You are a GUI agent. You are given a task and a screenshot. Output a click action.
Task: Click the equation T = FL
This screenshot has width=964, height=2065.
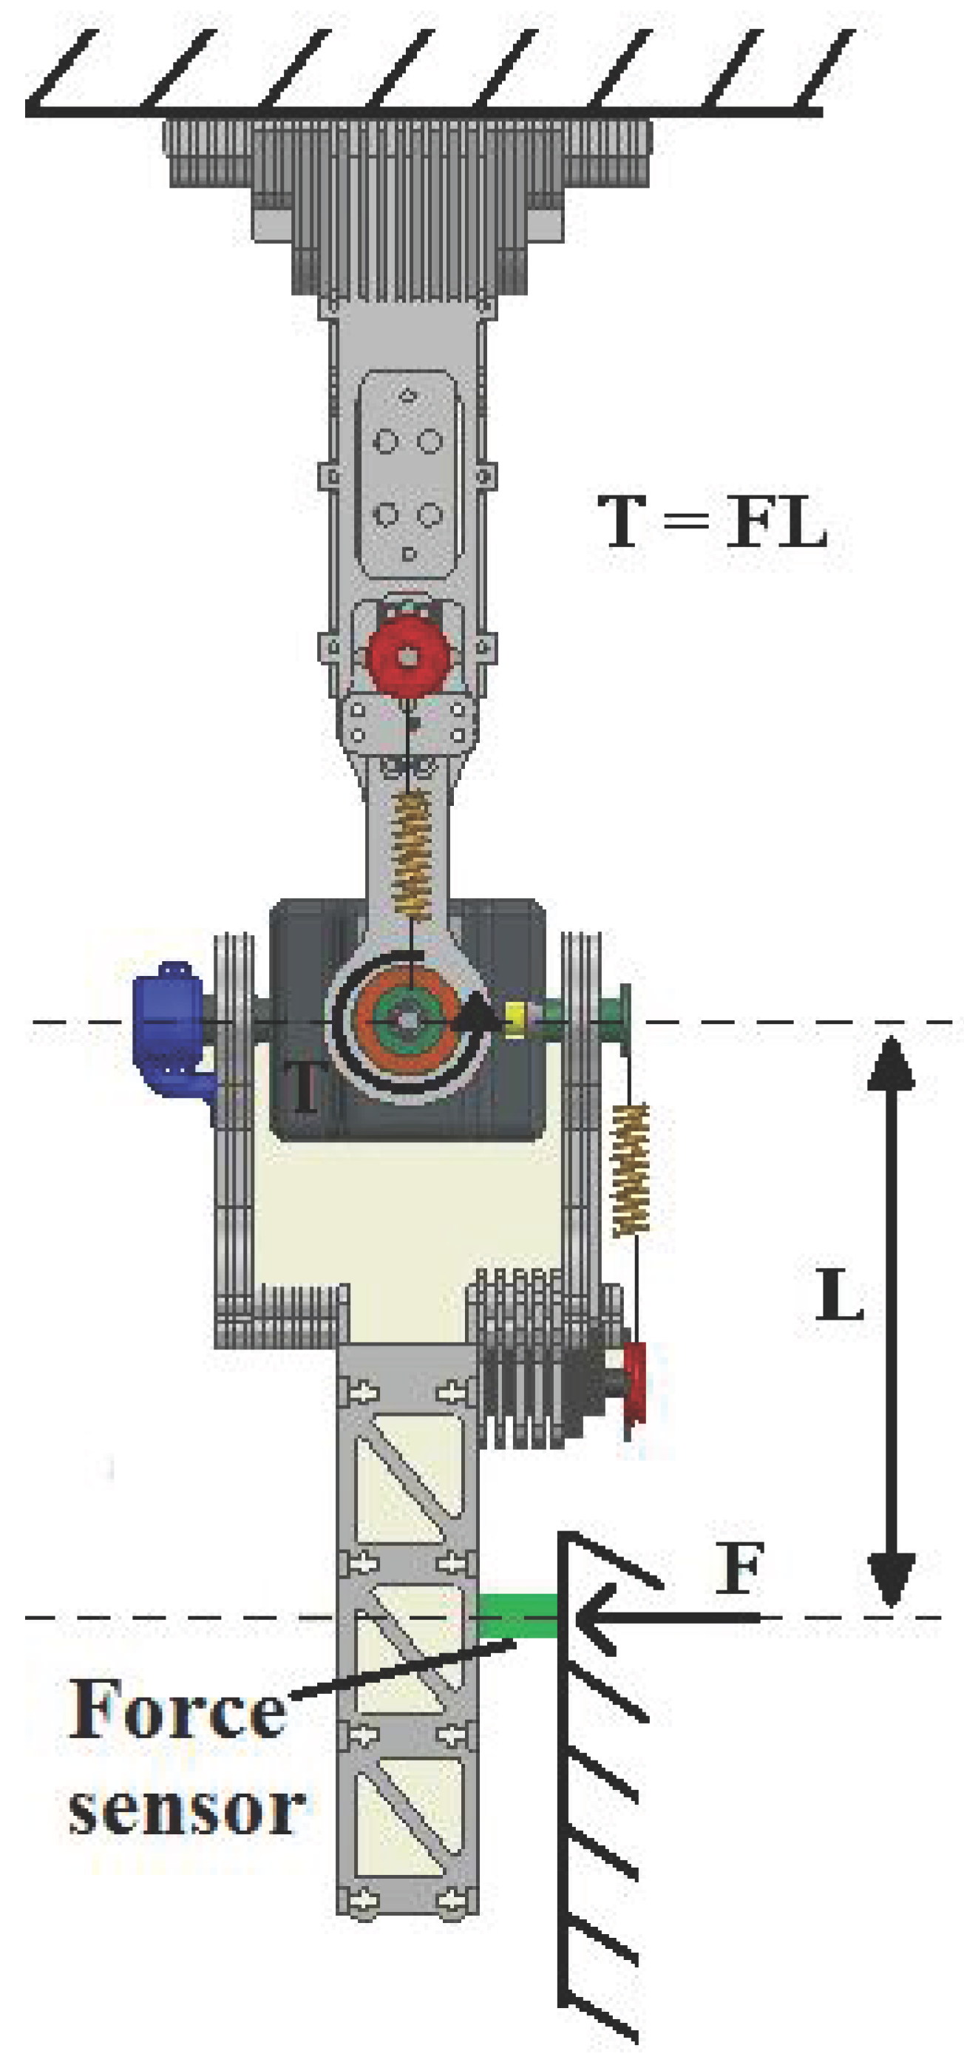[712, 523]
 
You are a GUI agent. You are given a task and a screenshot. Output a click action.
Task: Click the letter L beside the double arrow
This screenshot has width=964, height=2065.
[838, 1295]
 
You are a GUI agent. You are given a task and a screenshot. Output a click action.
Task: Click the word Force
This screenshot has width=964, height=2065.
[177, 1710]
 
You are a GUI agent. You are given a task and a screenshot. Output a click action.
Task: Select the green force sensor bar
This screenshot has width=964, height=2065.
[517, 1615]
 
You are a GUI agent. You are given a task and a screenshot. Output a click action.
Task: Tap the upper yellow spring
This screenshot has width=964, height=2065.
[413, 855]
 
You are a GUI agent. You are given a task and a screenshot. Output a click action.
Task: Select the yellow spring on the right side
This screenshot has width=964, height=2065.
[630, 1170]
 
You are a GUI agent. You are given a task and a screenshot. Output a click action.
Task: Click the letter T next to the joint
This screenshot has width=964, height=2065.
[305, 1087]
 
